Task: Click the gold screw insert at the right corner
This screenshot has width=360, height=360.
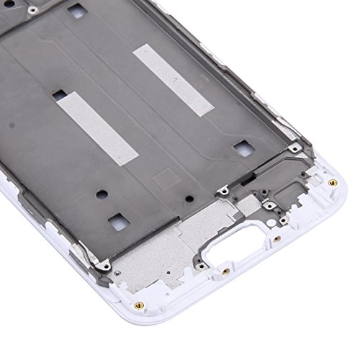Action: (331, 181)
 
